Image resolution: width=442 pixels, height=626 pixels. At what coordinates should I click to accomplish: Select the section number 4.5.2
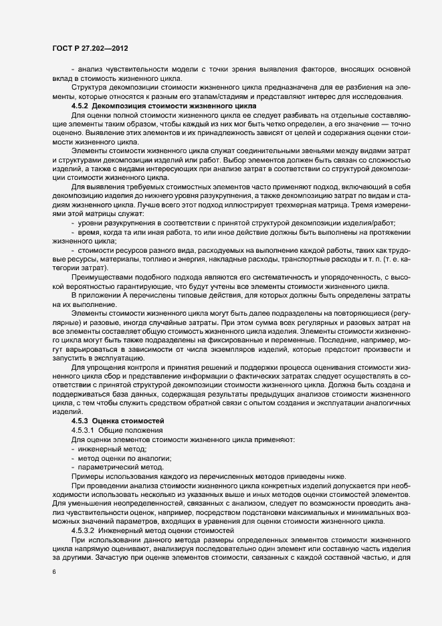[x=80, y=106]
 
